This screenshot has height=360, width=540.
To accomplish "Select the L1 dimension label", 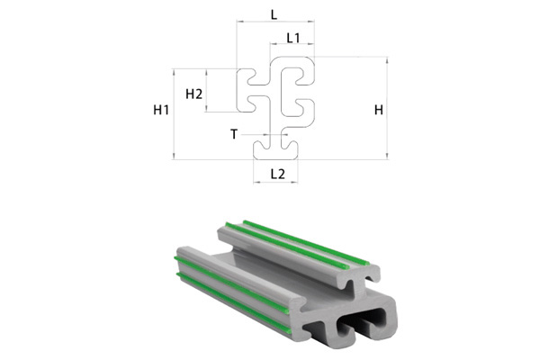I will click(293, 38).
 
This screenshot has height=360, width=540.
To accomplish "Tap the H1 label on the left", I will click(161, 111).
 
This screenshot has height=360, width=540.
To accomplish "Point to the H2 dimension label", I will click(193, 93).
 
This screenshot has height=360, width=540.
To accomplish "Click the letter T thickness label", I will click(234, 134).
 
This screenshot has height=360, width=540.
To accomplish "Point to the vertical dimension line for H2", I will click(207, 90).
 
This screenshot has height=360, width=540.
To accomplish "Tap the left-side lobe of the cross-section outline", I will click(247, 90).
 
